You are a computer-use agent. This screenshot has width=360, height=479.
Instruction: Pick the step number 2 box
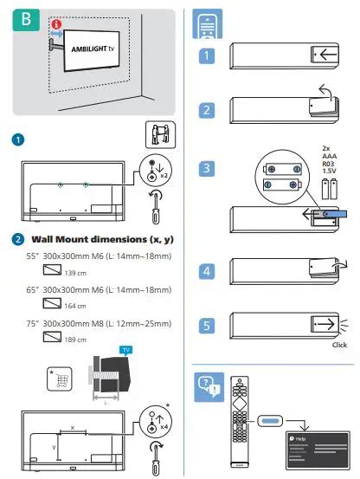click(207, 110)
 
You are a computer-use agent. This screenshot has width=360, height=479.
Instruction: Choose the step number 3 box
click(207, 167)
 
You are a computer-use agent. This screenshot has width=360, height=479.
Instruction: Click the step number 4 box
click(207, 270)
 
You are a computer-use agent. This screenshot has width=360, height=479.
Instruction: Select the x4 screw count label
click(165, 428)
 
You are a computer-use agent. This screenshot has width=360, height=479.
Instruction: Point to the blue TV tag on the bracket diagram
click(128, 350)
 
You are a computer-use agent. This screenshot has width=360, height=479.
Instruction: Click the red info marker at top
click(57, 25)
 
